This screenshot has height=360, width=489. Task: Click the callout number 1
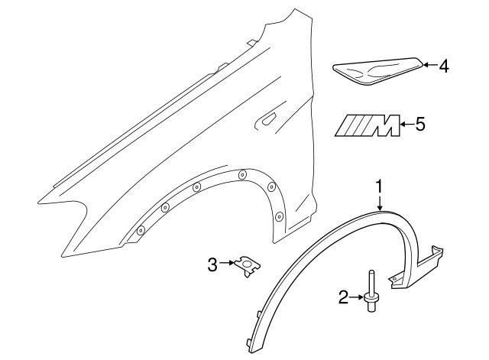378,186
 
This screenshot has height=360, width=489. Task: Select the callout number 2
344,297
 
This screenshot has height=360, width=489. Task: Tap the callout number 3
212,264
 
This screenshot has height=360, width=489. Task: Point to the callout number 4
442,66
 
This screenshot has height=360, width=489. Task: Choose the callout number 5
419,123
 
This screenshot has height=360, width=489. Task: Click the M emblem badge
370,124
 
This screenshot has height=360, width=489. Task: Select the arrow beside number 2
357,297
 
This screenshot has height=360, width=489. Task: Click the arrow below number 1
379,202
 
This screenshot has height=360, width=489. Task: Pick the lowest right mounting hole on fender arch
279,217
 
